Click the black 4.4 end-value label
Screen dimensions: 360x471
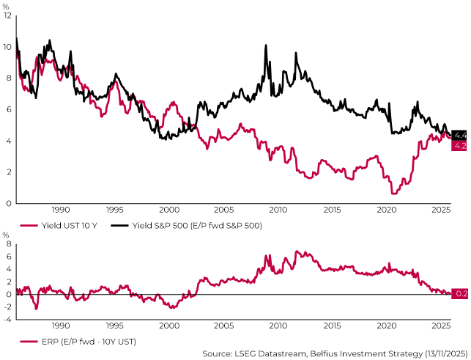click(459, 135)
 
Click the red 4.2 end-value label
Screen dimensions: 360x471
click(459, 146)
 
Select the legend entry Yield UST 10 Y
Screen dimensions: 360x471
click(62, 226)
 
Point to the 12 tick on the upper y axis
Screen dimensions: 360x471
click(7, 15)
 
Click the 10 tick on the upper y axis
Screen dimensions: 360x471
click(7, 47)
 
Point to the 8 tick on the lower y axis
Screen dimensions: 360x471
click(9, 257)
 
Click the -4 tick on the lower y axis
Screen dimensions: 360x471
click(7, 320)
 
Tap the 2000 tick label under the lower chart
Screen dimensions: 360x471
click(168, 326)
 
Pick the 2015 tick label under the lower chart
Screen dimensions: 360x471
click(332, 326)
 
